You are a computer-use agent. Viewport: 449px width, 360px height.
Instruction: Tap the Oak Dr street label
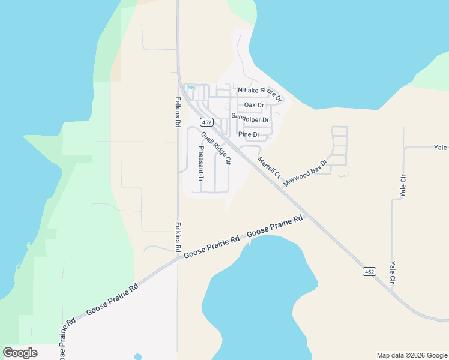(254, 105)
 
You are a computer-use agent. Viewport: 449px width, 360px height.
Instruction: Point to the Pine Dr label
(249, 134)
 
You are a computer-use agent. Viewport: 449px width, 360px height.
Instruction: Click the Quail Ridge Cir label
(216, 148)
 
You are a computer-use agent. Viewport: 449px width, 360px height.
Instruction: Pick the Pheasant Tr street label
(201, 164)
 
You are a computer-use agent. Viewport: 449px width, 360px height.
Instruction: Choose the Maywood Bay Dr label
(306, 172)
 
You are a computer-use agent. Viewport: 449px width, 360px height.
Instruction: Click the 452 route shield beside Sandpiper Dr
(206, 122)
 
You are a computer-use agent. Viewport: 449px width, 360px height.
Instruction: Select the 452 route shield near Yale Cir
(369, 272)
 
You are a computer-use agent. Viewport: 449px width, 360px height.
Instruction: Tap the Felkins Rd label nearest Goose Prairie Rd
(178, 237)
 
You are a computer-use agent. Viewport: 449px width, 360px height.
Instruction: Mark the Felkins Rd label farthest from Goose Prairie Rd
(178, 112)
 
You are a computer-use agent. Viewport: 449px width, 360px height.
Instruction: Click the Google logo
(20, 352)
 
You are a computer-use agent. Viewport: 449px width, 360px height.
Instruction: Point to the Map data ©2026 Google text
(411, 355)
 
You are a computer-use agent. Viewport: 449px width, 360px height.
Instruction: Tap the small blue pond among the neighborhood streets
(191, 88)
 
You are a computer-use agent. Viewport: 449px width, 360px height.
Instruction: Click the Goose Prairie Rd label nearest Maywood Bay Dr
(274, 227)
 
